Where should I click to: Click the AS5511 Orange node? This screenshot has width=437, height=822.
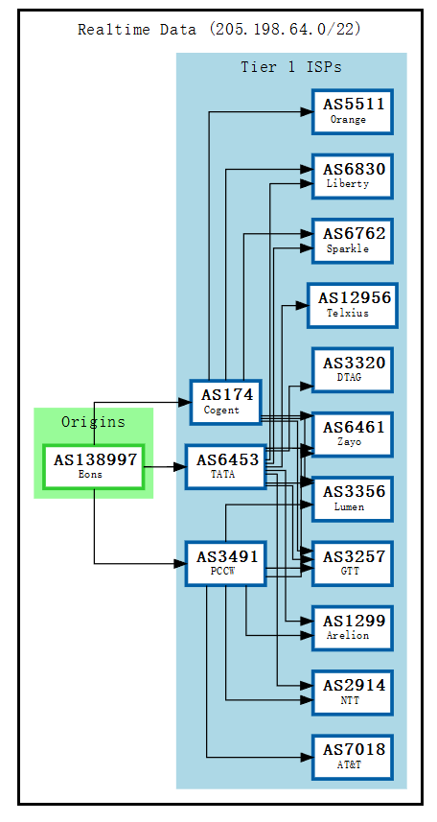coord(353,111)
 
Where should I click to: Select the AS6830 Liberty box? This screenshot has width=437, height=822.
coord(353,176)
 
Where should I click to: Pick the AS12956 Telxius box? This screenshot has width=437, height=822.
coord(352,305)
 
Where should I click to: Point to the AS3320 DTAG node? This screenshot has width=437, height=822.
coord(353,369)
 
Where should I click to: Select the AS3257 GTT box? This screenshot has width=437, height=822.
coord(353,563)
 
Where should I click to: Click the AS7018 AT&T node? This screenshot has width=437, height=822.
coord(353,757)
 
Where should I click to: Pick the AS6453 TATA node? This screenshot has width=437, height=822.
coord(225,467)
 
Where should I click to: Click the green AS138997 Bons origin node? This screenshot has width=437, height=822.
coord(94,467)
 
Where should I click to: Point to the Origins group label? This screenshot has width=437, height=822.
coord(93,422)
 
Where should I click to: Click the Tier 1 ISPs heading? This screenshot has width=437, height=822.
coord(290,67)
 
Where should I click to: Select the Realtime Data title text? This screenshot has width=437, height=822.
coord(219,29)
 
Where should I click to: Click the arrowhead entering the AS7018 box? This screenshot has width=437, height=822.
coord(308,758)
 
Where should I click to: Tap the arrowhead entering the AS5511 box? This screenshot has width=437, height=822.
coord(308,112)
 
